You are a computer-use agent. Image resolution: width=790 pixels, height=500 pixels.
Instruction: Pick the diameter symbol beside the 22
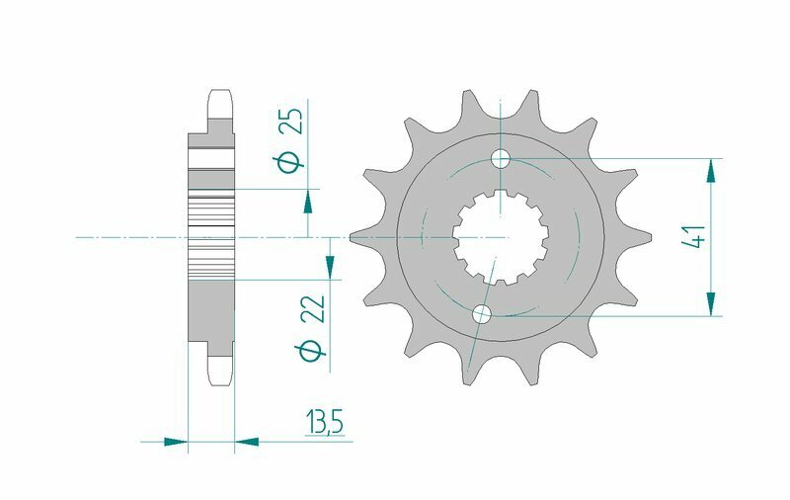316,351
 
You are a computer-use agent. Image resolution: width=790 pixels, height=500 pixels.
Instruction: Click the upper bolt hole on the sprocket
501,158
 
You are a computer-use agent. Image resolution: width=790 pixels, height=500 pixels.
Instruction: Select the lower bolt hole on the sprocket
482,315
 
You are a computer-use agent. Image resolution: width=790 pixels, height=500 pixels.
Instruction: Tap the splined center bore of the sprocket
501,237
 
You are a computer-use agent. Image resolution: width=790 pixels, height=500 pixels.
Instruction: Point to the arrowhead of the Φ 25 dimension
308,202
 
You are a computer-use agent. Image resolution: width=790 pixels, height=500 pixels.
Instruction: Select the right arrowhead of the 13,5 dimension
246,441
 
